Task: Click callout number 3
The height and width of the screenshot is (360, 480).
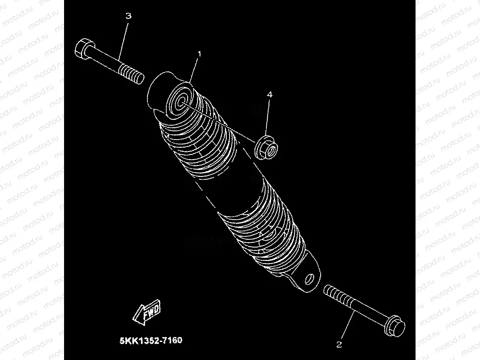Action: [129, 16]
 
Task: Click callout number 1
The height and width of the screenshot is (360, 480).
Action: [200, 54]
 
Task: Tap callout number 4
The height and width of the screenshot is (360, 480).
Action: [269, 94]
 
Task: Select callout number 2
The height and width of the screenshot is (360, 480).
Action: [339, 345]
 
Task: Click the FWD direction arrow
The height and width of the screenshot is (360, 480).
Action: [147, 313]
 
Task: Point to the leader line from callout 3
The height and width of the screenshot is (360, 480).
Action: [124, 41]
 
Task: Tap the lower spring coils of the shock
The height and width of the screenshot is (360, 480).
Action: [267, 230]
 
